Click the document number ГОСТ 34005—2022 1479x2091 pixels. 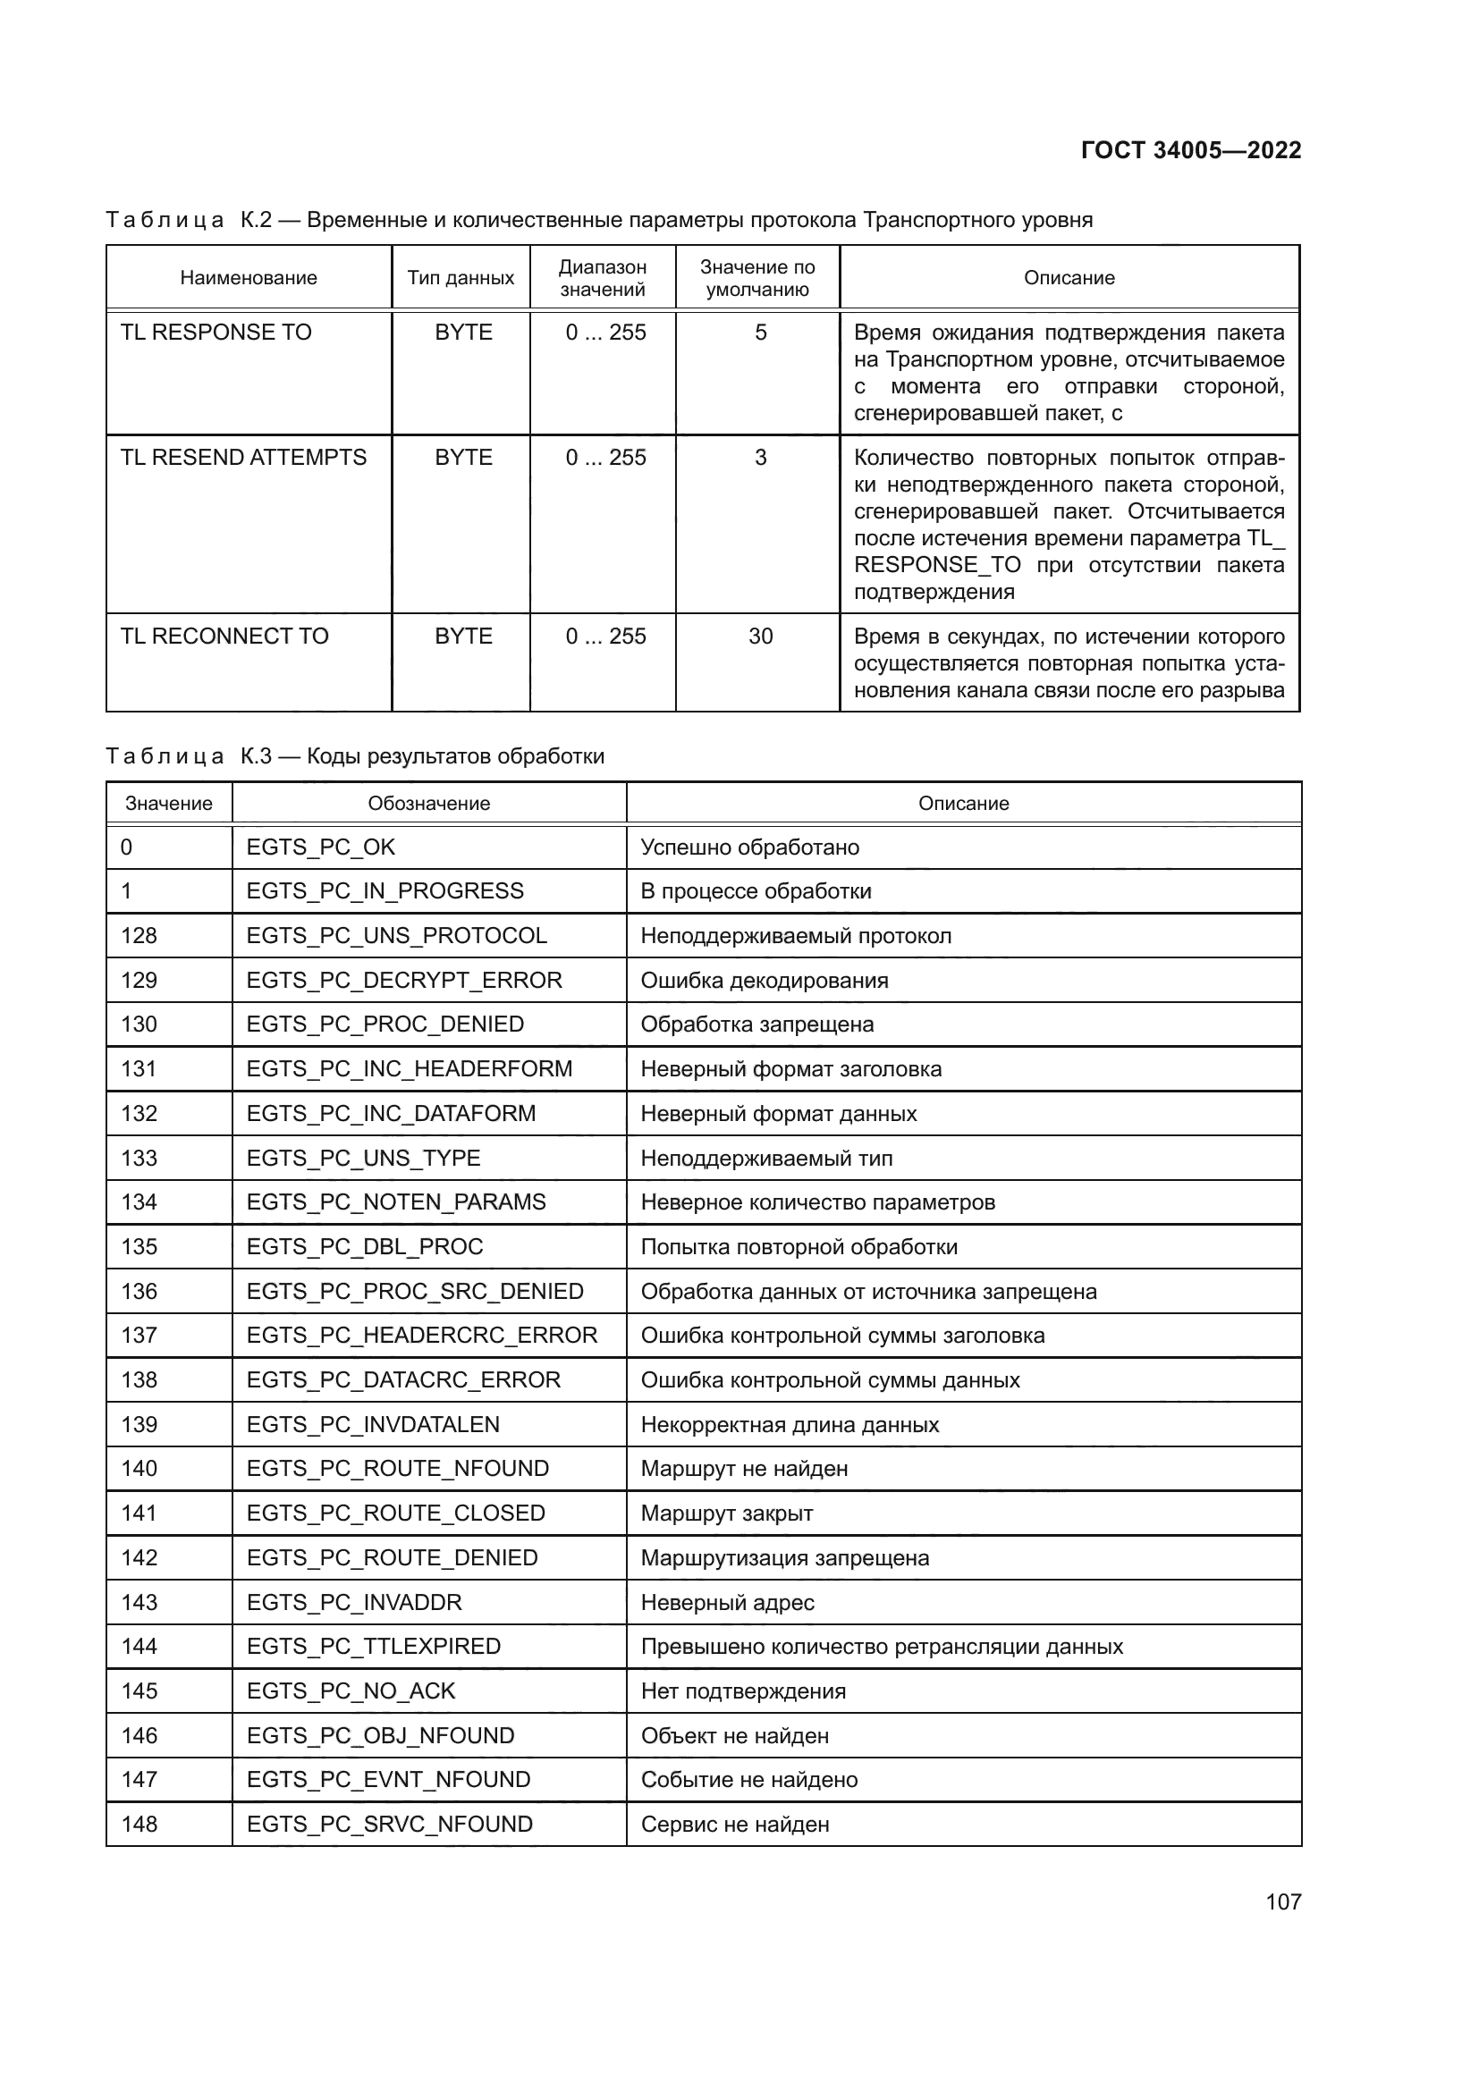(x=1190, y=150)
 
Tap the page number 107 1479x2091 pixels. (x=1282, y=1901)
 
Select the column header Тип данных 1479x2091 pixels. (x=460, y=278)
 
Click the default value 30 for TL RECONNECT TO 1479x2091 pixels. (x=760, y=637)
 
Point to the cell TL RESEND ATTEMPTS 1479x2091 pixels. (x=243, y=457)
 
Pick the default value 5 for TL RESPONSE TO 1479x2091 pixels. (x=760, y=333)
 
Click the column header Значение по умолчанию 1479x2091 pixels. (x=756, y=278)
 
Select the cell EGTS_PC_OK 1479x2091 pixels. (x=321, y=847)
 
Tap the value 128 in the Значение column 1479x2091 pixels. (x=139, y=935)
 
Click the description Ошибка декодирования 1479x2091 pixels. (x=764, y=980)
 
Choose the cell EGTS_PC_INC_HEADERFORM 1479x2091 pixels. (x=409, y=1068)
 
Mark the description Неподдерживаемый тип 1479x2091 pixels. (x=766, y=1158)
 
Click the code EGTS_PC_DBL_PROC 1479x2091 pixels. (x=364, y=1246)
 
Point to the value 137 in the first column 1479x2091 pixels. (x=139, y=1335)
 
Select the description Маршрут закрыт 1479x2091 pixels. (x=726, y=1513)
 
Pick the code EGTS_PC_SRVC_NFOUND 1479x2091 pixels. (x=389, y=1825)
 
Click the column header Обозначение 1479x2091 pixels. (x=428, y=804)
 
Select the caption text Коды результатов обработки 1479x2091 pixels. (x=454, y=756)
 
